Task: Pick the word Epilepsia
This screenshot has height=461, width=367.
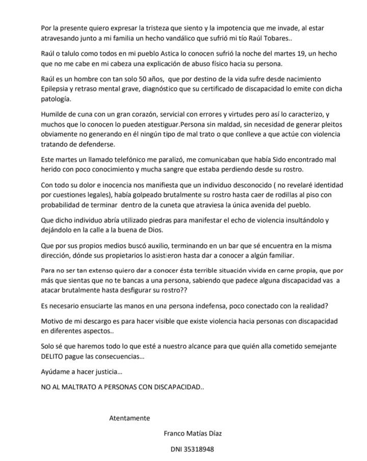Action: pyautogui.click(x=57, y=89)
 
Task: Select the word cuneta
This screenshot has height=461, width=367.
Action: pyautogui.click(x=167, y=204)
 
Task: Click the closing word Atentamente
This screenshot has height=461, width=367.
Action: pyautogui.click(x=129, y=418)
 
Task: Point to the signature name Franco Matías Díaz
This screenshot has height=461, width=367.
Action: pyautogui.click(x=193, y=433)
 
